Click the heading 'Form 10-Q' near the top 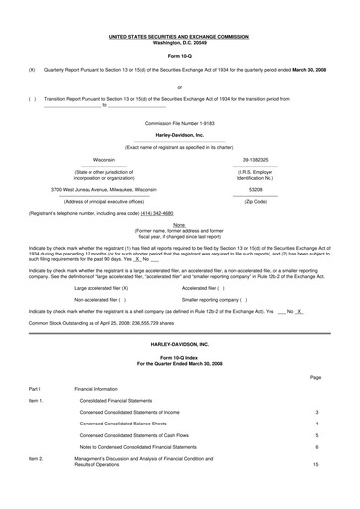pos(180,54)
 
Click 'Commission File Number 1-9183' pos(179,122)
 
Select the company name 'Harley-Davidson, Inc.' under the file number pos(179,134)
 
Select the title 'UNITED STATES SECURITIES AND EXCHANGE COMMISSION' pos(179,36)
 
